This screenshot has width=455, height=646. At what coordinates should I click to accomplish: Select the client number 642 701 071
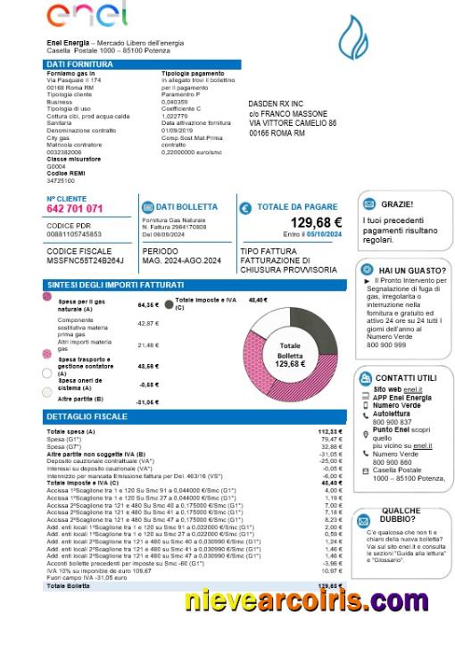click(75, 209)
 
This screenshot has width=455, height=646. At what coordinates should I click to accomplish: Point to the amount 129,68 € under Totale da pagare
click(316, 223)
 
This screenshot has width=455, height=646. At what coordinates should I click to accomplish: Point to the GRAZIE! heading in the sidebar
click(396, 204)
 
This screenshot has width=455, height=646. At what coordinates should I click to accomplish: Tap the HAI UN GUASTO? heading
click(411, 269)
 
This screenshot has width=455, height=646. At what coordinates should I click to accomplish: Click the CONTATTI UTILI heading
click(406, 377)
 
